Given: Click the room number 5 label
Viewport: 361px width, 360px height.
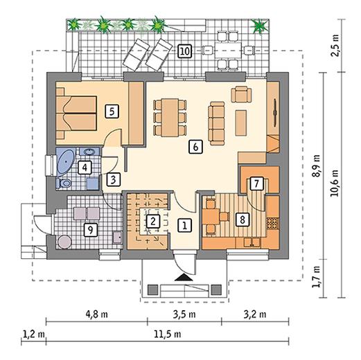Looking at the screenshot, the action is click(x=112, y=111).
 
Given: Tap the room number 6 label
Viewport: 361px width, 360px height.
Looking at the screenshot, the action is click(x=195, y=147).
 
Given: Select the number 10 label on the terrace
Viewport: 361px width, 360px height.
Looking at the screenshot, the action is click(x=185, y=51).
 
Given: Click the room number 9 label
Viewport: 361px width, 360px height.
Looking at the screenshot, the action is click(x=90, y=230).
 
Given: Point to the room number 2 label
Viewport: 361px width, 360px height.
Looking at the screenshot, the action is click(x=152, y=222).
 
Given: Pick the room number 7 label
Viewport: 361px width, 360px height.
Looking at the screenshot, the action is click(x=256, y=183).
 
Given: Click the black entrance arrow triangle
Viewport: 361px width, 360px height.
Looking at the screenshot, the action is click(x=184, y=278).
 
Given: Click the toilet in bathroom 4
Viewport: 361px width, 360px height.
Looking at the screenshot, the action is click(x=64, y=183).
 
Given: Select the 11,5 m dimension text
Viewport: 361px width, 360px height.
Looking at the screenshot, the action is click(x=168, y=334).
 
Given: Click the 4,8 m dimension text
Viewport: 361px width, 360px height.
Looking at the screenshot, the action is click(x=97, y=314).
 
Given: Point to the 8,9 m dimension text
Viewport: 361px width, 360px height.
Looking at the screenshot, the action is click(x=317, y=165).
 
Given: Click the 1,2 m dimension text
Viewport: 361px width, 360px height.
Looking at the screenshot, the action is click(x=34, y=334).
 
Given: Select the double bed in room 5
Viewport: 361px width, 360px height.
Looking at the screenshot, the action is click(x=76, y=114).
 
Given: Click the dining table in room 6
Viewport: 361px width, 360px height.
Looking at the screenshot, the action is click(x=170, y=118).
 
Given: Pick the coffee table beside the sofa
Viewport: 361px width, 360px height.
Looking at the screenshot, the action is click(x=241, y=123).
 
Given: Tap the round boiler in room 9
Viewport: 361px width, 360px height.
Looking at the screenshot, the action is click(x=64, y=242).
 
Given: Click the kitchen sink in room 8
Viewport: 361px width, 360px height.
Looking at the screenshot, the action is click(x=252, y=242).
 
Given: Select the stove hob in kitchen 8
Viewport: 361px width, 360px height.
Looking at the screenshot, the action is click(x=273, y=223).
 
